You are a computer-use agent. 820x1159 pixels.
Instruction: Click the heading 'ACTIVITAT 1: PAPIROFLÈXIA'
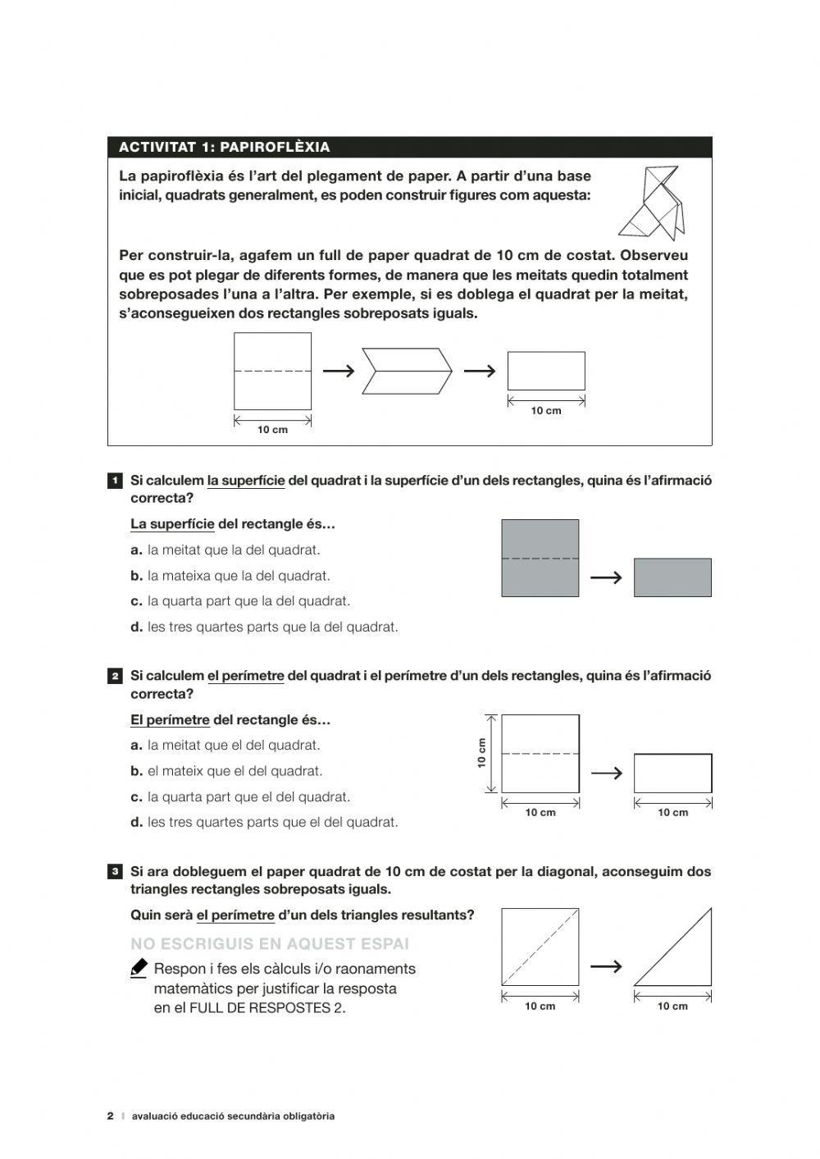pyautogui.click(x=224, y=148)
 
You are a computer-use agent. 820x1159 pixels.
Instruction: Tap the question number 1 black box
pyautogui.click(x=116, y=481)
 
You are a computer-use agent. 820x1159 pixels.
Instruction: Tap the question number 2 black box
pyautogui.click(x=116, y=677)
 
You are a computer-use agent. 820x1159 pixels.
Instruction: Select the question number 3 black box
pyautogui.click(x=116, y=872)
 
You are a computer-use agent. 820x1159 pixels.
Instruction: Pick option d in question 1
pyautogui.click(x=264, y=627)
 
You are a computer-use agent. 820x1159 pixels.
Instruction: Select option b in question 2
pyautogui.click(x=226, y=771)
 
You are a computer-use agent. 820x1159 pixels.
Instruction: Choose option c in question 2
pyautogui.click(x=240, y=796)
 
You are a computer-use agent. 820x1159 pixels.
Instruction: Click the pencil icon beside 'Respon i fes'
pyautogui.click(x=139, y=969)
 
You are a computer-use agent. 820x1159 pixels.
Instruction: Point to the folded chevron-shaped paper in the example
pyautogui.click(x=408, y=371)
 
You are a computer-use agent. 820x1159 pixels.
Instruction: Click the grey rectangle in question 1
pyautogui.click(x=672, y=577)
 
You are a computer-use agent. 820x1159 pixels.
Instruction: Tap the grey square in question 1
pyautogui.click(x=540, y=558)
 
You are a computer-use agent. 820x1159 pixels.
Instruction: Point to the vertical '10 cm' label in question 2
pyautogui.click(x=482, y=753)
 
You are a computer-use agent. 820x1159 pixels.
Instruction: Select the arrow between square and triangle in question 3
pyautogui.click(x=606, y=967)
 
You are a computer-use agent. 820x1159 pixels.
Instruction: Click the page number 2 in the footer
pyautogui.click(x=111, y=1116)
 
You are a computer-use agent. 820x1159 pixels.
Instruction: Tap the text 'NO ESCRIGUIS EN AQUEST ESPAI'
pyautogui.click(x=270, y=944)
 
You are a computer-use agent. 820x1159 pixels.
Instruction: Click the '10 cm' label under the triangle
pyautogui.click(x=672, y=1006)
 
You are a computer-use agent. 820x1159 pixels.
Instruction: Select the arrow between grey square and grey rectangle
pyautogui.click(x=606, y=578)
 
